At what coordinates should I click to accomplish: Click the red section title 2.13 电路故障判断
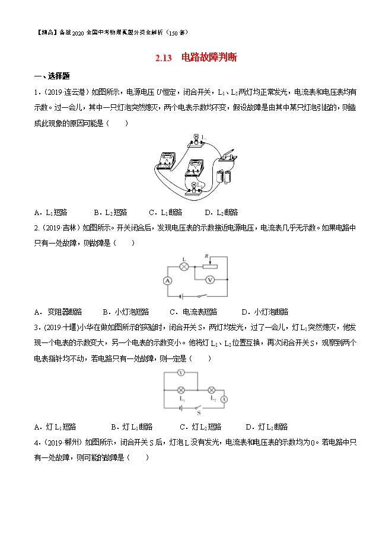[196, 58]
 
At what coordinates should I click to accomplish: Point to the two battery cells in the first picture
[224, 175]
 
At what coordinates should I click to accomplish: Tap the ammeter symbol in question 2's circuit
[168, 281]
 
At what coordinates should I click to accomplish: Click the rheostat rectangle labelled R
[210, 265]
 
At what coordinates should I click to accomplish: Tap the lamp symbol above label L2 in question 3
[210, 390]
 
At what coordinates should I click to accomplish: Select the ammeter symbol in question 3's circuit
[224, 399]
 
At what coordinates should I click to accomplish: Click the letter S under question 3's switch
[199, 412]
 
